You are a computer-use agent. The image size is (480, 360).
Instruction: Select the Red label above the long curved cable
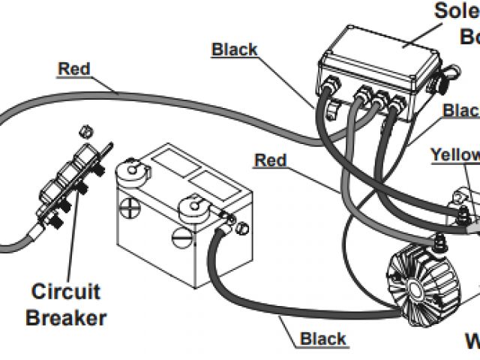pos(74,70)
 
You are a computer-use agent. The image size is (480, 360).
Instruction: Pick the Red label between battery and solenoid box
pos(270,160)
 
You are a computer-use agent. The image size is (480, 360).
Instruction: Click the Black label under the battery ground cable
pos(323,339)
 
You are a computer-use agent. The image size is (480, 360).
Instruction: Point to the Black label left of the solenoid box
pos(235,50)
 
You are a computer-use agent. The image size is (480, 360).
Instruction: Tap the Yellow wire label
pos(454,154)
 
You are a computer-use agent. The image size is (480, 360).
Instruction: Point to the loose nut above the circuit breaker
pos(85,131)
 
